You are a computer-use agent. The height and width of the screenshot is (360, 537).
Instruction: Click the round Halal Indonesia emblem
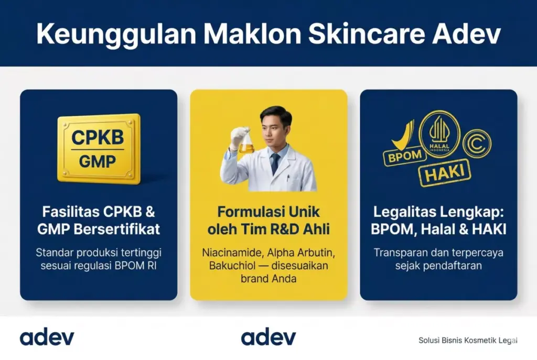point(439,134)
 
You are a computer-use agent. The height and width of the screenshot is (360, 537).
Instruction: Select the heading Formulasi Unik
point(268,213)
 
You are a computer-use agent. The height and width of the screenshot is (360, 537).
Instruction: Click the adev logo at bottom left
point(47,337)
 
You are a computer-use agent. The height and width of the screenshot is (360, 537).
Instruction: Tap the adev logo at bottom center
point(268,337)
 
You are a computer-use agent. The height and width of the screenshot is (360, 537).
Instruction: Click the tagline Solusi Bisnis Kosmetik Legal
point(468,340)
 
